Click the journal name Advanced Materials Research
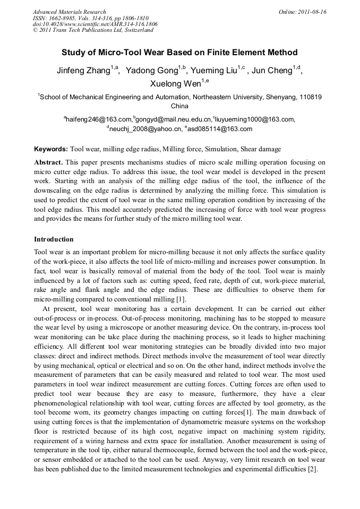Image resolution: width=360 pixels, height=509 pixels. pyautogui.click(x=69, y=12)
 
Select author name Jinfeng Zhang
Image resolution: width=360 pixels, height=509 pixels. pyautogui.click(x=83, y=71)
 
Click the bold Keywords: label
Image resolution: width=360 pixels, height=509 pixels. pyautogui.click(x=51, y=149)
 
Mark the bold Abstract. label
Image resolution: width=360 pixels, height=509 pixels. pyautogui.click(x=49, y=162)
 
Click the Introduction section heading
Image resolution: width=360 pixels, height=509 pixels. pyautogui.click(x=54, y=239)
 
